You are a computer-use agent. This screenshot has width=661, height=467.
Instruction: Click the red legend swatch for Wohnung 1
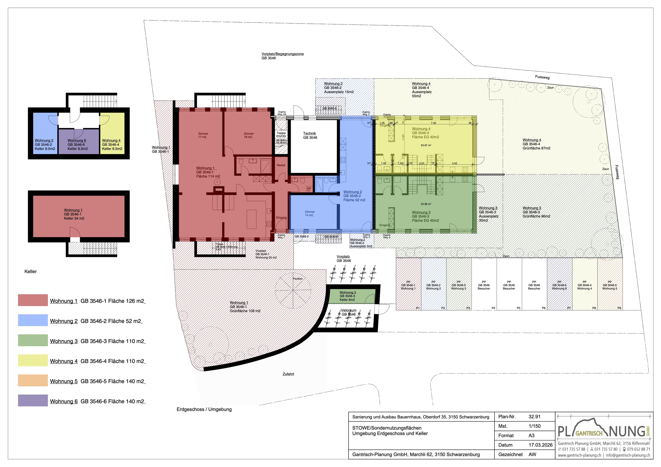[33, 300]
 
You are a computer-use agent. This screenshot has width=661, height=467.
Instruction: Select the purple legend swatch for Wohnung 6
[33, 400]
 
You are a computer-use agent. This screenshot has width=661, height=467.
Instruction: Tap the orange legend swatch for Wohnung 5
[33, 380]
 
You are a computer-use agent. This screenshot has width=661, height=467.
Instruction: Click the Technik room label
[310, 135]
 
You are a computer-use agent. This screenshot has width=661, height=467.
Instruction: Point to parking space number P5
[518, 308]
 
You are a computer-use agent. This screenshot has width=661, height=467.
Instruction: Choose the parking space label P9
[619, 308]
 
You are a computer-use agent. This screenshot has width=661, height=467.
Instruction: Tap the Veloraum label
[349, 310]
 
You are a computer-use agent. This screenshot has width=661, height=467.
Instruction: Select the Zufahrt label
[288, 374]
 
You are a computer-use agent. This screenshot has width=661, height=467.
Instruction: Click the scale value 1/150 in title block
[535, 426]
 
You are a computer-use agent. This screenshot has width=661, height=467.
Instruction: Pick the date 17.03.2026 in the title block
[540, 445]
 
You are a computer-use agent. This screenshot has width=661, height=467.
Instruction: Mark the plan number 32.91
[534, 417]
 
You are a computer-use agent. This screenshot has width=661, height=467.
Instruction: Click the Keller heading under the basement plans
[30, 272]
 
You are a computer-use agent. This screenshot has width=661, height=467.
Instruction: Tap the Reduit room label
[281, 165]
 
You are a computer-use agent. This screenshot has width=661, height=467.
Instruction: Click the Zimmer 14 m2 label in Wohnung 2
[310, 213]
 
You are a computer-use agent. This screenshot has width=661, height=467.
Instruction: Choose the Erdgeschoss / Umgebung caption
[204, 409]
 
